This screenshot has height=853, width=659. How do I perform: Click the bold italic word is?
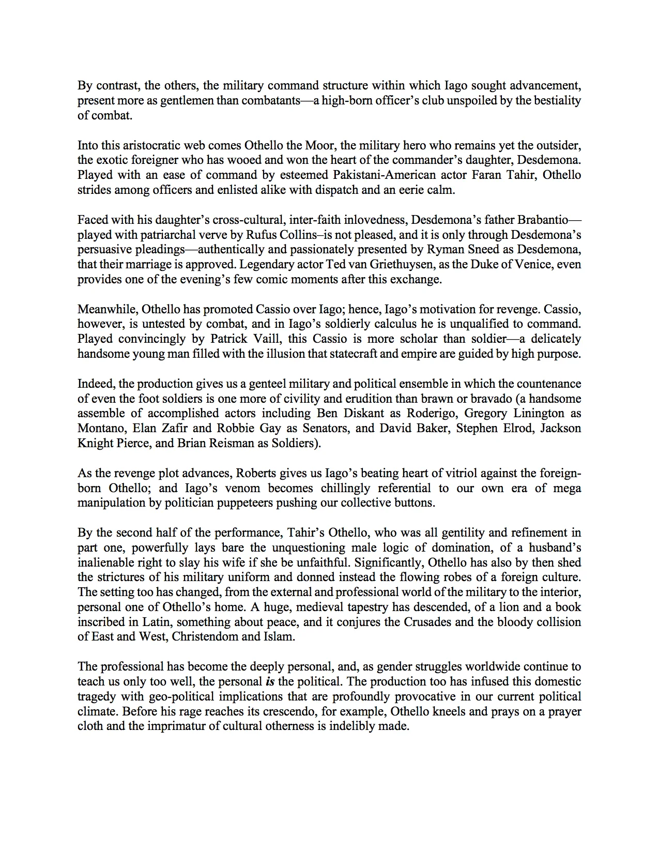click(269, 682)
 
